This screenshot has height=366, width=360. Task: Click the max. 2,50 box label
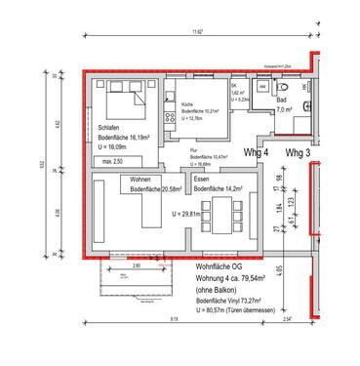pos(113,160)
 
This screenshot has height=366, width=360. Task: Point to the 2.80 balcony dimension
pos(137,265)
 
